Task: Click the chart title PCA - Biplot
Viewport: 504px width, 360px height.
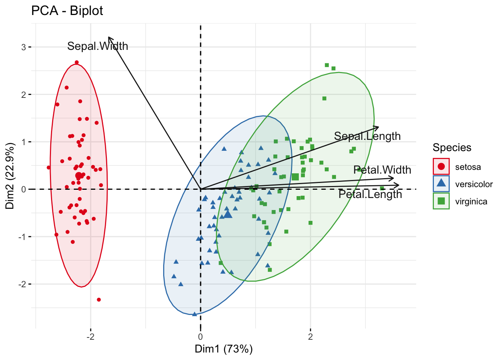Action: [67, 11]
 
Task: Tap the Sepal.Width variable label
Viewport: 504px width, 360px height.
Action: [97, 46]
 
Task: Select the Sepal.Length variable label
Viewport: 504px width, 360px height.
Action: [367, 136]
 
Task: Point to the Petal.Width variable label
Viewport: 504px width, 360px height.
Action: [382, 170]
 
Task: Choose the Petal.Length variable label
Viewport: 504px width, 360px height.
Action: [370, 194]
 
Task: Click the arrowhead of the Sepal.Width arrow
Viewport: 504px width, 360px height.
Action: [109, 37]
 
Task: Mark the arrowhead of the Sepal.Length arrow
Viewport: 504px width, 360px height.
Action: [378, 127]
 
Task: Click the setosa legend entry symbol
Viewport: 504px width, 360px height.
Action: [441, 166]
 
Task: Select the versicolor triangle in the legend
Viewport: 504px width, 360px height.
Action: [441, 184]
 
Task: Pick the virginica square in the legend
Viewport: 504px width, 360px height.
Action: [441, 201]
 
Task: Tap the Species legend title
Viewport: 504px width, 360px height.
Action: [452, 147]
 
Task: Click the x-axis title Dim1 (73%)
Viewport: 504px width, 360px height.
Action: [223, 349]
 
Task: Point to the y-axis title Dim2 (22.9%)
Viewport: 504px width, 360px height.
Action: [10, 176]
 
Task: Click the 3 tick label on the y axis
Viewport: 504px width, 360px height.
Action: [24, 47]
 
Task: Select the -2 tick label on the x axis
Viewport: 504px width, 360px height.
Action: [90, 336]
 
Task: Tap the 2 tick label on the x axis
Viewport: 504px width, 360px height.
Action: [310, 336]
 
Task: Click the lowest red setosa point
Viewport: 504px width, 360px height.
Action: [99, 300]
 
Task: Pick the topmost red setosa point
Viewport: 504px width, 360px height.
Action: [76, 63]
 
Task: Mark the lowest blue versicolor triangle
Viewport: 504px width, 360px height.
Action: [194, 314]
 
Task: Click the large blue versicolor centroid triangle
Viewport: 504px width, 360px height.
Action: [228, 214]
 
